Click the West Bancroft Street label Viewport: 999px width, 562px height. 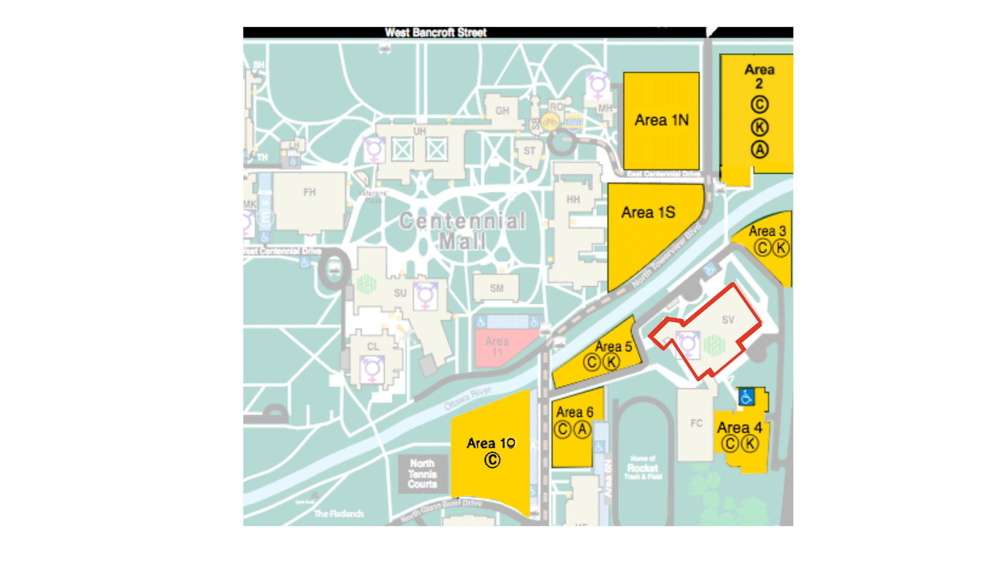pyautogui.click(x=436, y=32)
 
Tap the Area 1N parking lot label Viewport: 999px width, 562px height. pyautogui.click(x=661, y=120)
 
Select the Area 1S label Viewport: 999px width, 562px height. pyautogui.click(x=648, y=212)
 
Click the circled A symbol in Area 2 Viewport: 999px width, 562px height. pyautogui.click(x=760, y=150)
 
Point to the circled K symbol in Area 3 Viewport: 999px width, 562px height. pyautogui.click(x=780, y=248)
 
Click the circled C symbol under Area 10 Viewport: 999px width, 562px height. pyautogui.click(x=492, y=460)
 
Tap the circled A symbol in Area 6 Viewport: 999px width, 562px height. pyautogui.click(x=582, y=430)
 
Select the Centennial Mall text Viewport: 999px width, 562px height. pyautogui.click(x=462, y=231)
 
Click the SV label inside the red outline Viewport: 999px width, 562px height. pyautogui.click(x=728, y=320)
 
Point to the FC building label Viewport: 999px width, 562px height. pyautogui.click(x=696, y=423)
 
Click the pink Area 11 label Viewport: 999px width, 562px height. pyautogui.click(x=497, y=347)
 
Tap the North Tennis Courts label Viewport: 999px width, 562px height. pyautogui.click(x=422, y=474)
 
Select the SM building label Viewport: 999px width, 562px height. pyautogui.click(x=496, y=288)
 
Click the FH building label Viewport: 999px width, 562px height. pyautogui.click(x=310, y=192)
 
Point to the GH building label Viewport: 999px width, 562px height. pyautogui.click(x=502, y=111)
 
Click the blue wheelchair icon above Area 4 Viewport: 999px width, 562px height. pyautogui.click(x=746, y=397)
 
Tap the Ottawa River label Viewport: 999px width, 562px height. pyautogui.click(x=467, y=398)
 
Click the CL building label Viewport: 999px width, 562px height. pyautogui.click(x=373, y=347)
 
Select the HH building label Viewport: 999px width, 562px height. pyautogui.click(x=573, y=199)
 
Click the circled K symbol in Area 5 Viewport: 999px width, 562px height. pyautogui.click(x=611, y=362)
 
